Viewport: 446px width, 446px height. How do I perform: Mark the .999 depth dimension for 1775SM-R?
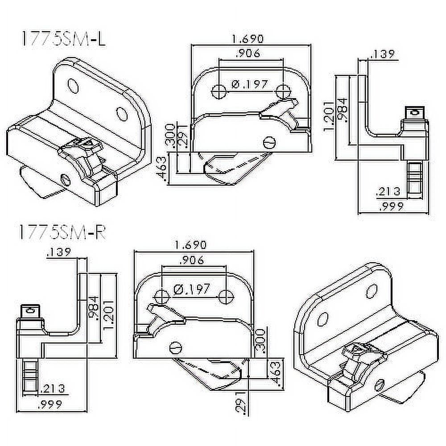click(x=50, y=405)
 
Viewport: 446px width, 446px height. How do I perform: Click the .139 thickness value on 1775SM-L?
click(x=382, y=54)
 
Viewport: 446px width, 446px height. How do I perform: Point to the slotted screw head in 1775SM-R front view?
click(x=176, y=346)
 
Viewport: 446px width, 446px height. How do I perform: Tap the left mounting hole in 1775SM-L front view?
click(x=218, y=91)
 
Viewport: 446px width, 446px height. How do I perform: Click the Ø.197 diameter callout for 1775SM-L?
click(x=250, y=84)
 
